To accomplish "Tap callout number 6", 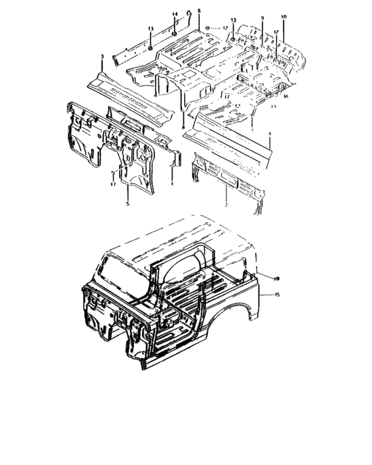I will point(199,11).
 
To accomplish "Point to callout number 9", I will point(262,18).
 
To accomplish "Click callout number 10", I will point(284,17).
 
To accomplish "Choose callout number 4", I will point(270,135).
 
